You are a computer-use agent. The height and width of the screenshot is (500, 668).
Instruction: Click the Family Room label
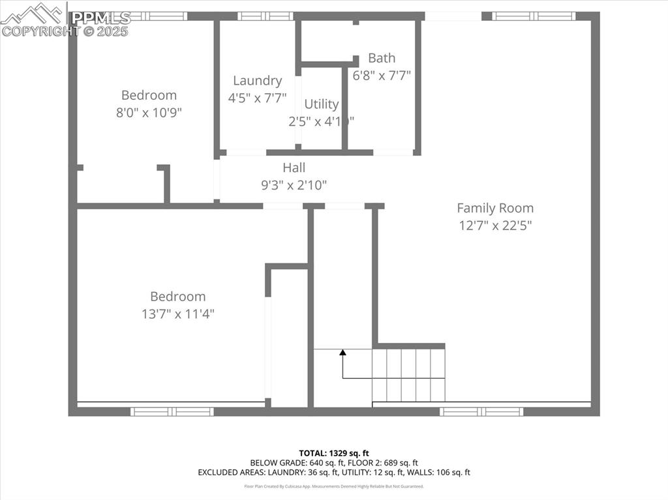(x=494, y=208)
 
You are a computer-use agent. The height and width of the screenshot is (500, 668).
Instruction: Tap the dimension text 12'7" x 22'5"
(x=494, y=226)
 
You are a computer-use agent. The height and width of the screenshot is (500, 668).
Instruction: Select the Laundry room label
(x=257, y=81)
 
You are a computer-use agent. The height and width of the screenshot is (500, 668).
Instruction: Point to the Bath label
(x=382, y=58)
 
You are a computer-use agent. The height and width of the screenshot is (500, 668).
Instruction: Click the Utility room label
(x=322, y=104)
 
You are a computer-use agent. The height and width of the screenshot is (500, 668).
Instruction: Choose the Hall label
(x=294, y=168)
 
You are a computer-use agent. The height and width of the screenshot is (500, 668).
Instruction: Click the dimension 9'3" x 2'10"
(x=294, y=185)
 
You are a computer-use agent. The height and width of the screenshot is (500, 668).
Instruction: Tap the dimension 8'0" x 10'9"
(x=149, y=112)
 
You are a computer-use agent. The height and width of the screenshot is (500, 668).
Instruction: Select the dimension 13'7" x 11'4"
(x=177, y=314)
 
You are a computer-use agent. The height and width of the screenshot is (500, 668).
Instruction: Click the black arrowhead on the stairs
(x=342, y=353)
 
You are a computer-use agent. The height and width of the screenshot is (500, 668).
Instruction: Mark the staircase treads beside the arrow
(x=408, y=375)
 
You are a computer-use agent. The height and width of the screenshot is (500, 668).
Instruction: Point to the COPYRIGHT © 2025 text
(x=65, y=31)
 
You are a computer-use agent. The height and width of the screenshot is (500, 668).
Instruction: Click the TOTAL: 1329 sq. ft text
(x=334, y=453)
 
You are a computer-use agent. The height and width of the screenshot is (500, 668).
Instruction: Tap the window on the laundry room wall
(x=265, y=16)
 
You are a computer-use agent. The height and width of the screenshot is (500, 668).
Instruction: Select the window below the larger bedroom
(x=172, y=411)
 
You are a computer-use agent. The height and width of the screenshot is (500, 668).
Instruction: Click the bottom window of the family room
(x=481, y=411)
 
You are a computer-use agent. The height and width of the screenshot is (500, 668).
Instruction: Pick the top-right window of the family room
(x=534, y=16)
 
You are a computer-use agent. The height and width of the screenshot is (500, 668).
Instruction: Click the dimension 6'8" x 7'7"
(x=382, y=76)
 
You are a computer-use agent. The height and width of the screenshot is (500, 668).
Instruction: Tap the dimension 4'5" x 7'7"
(x=257, y=98)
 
